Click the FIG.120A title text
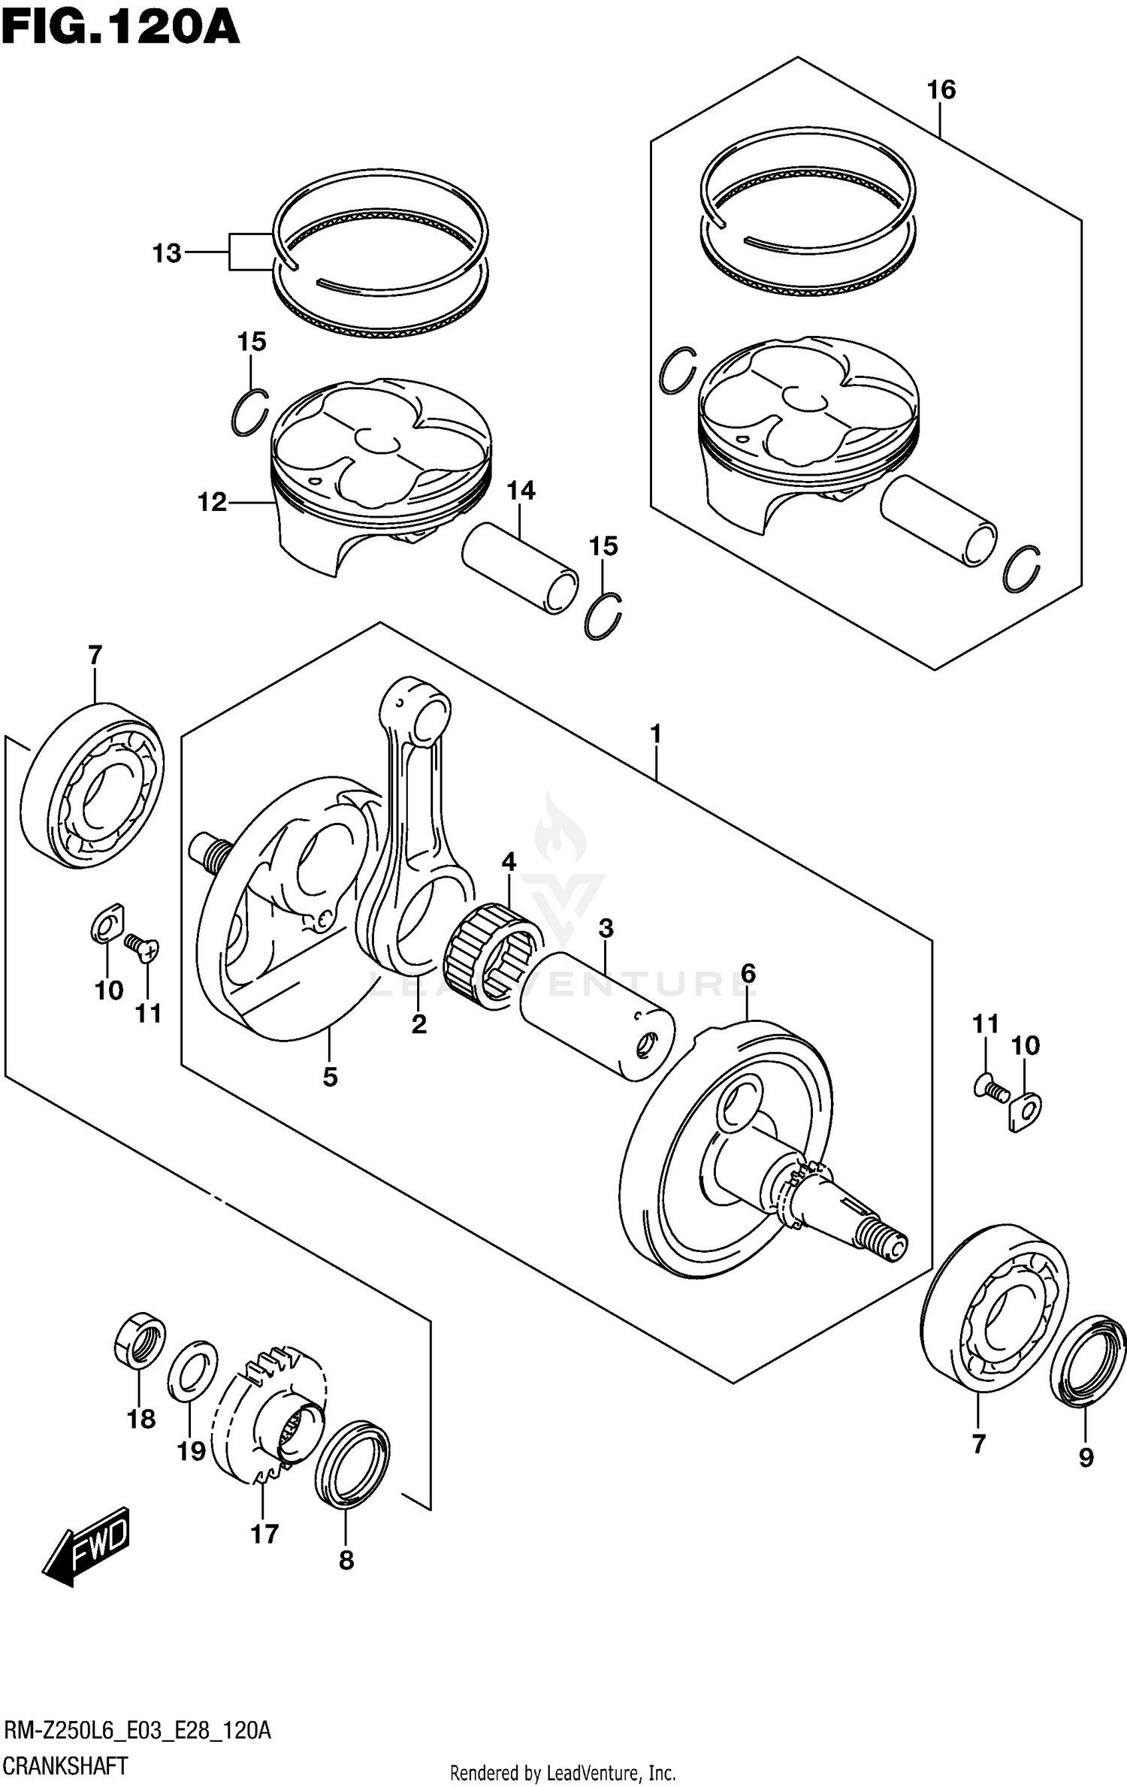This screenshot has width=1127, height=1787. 120,30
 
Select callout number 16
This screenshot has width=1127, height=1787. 941,90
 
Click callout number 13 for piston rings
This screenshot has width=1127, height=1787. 167,253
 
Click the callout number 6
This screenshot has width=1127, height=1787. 747,974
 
